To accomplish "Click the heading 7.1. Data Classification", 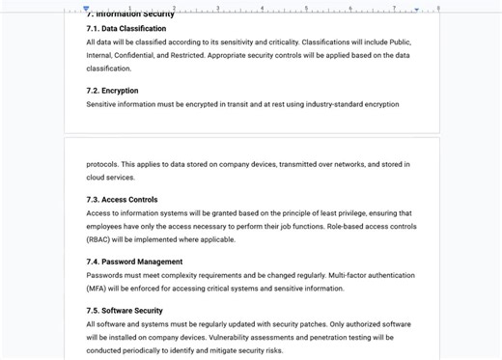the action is pos(125,29).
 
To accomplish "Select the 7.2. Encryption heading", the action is pos(112,91).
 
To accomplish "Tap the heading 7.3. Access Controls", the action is pos(122,200).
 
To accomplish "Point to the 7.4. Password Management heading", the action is pos(134,262).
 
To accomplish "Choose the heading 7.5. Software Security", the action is pos(125,311).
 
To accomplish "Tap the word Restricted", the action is pos(193,56).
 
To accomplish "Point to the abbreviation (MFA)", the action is pos(99,289).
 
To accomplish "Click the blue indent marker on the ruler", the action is pos(86,9).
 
